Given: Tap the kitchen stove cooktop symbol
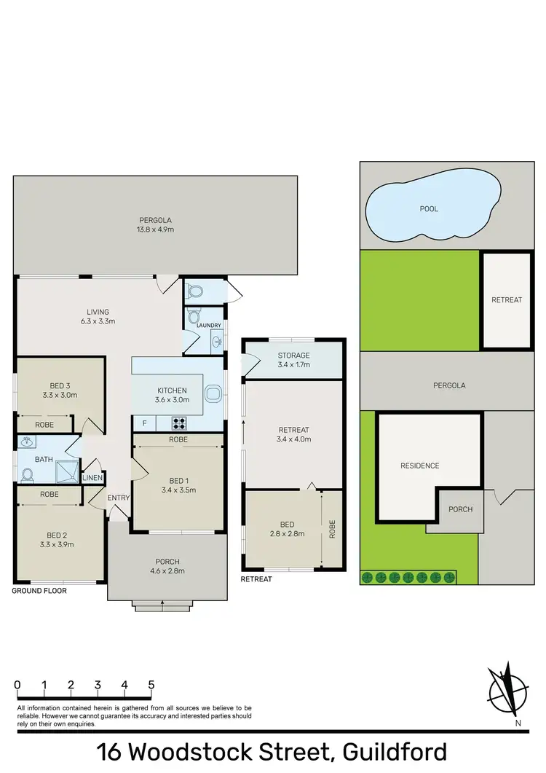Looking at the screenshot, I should click(179, 422).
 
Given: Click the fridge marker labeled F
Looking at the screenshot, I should click(144, 423).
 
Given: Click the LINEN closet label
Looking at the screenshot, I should click(93, 478).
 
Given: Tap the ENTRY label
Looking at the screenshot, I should click(118, 498).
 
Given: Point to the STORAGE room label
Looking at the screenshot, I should click(293, 356).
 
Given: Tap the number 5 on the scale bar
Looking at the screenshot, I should click(151, 685).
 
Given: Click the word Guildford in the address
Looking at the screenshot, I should click(387, 752).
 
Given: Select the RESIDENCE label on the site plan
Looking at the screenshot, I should click(419, 466).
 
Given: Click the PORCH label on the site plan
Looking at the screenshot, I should click(460, 509).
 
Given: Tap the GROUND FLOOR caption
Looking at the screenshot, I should click(39, 591).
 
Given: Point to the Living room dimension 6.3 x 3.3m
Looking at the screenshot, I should click(98, 321).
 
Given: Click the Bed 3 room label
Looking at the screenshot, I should click(61, 385).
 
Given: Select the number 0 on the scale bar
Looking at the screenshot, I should click(17, 685).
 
